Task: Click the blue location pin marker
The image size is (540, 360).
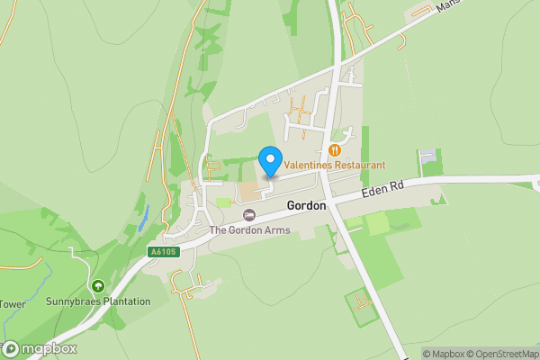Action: (x=269, y=161)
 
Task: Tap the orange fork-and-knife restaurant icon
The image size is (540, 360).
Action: (x=334, y=150)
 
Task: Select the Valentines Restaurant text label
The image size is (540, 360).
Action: (x=334, y=166)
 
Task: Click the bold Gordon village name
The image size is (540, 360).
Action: (x=306, y=206)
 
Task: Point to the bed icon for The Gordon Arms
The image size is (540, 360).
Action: (x=249, y=215)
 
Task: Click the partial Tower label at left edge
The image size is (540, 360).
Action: (x=13, y=304)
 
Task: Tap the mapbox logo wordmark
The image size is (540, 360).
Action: (x=49, y=348)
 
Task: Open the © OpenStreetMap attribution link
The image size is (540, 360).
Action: (x=506, y=354)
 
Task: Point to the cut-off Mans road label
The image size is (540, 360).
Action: (x=445, y=5)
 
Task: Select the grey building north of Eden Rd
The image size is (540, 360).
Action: (x=427, y=157)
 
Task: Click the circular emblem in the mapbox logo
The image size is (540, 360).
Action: (x=12, y=348)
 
